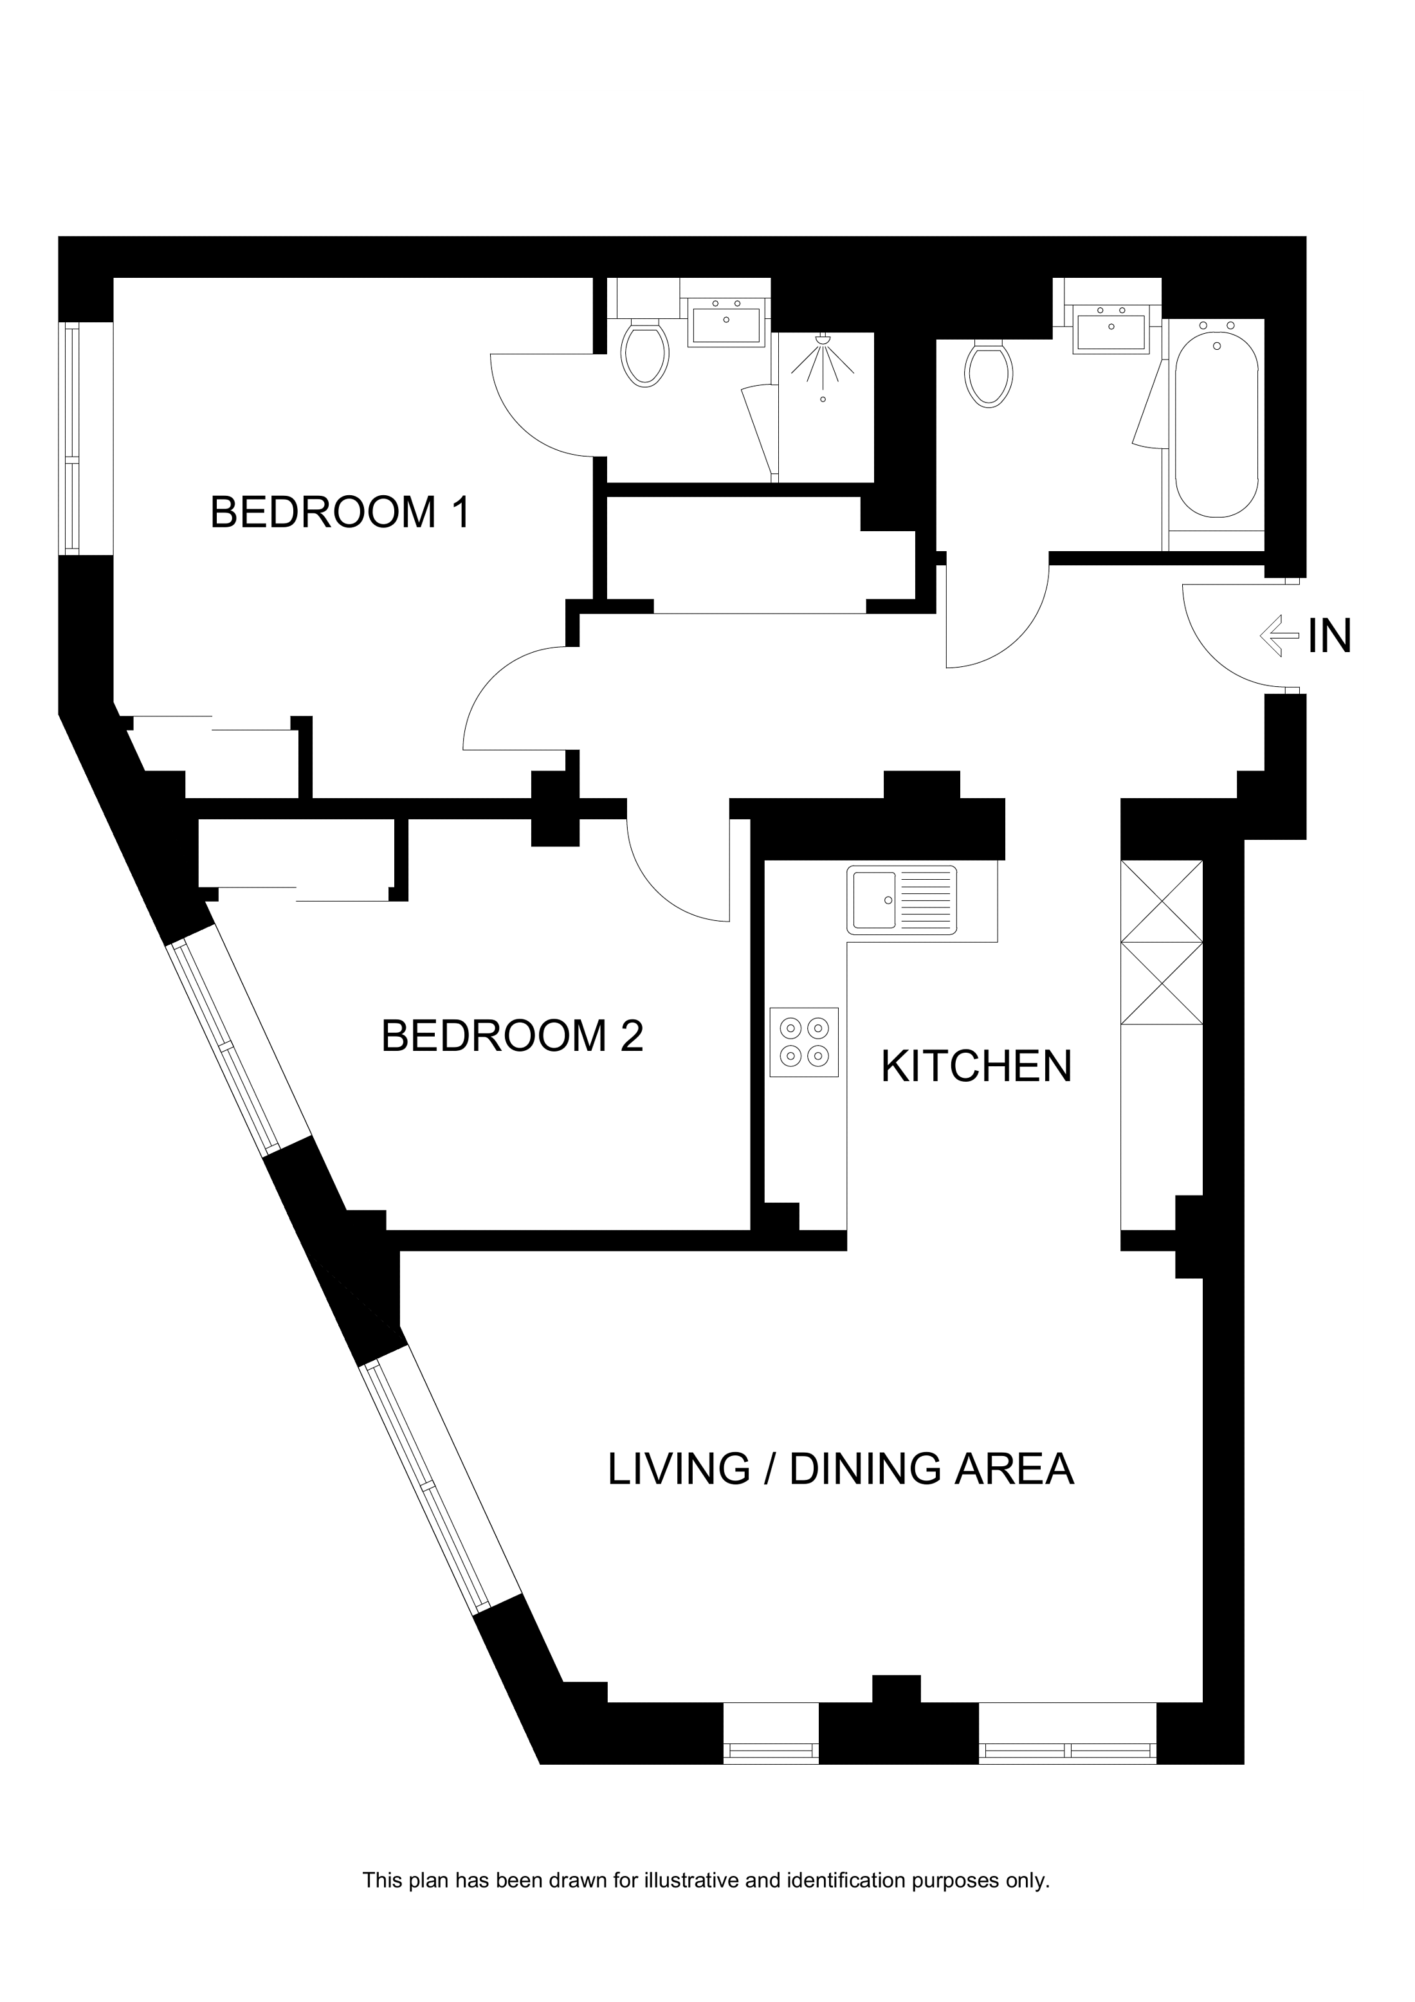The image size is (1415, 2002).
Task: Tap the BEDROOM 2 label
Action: [x=512, y=1036]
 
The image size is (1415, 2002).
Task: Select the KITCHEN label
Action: [x=976, y=1066]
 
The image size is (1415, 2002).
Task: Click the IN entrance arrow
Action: [x=1279, y=635]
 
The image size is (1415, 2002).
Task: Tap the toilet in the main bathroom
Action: [x=988, y=374]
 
